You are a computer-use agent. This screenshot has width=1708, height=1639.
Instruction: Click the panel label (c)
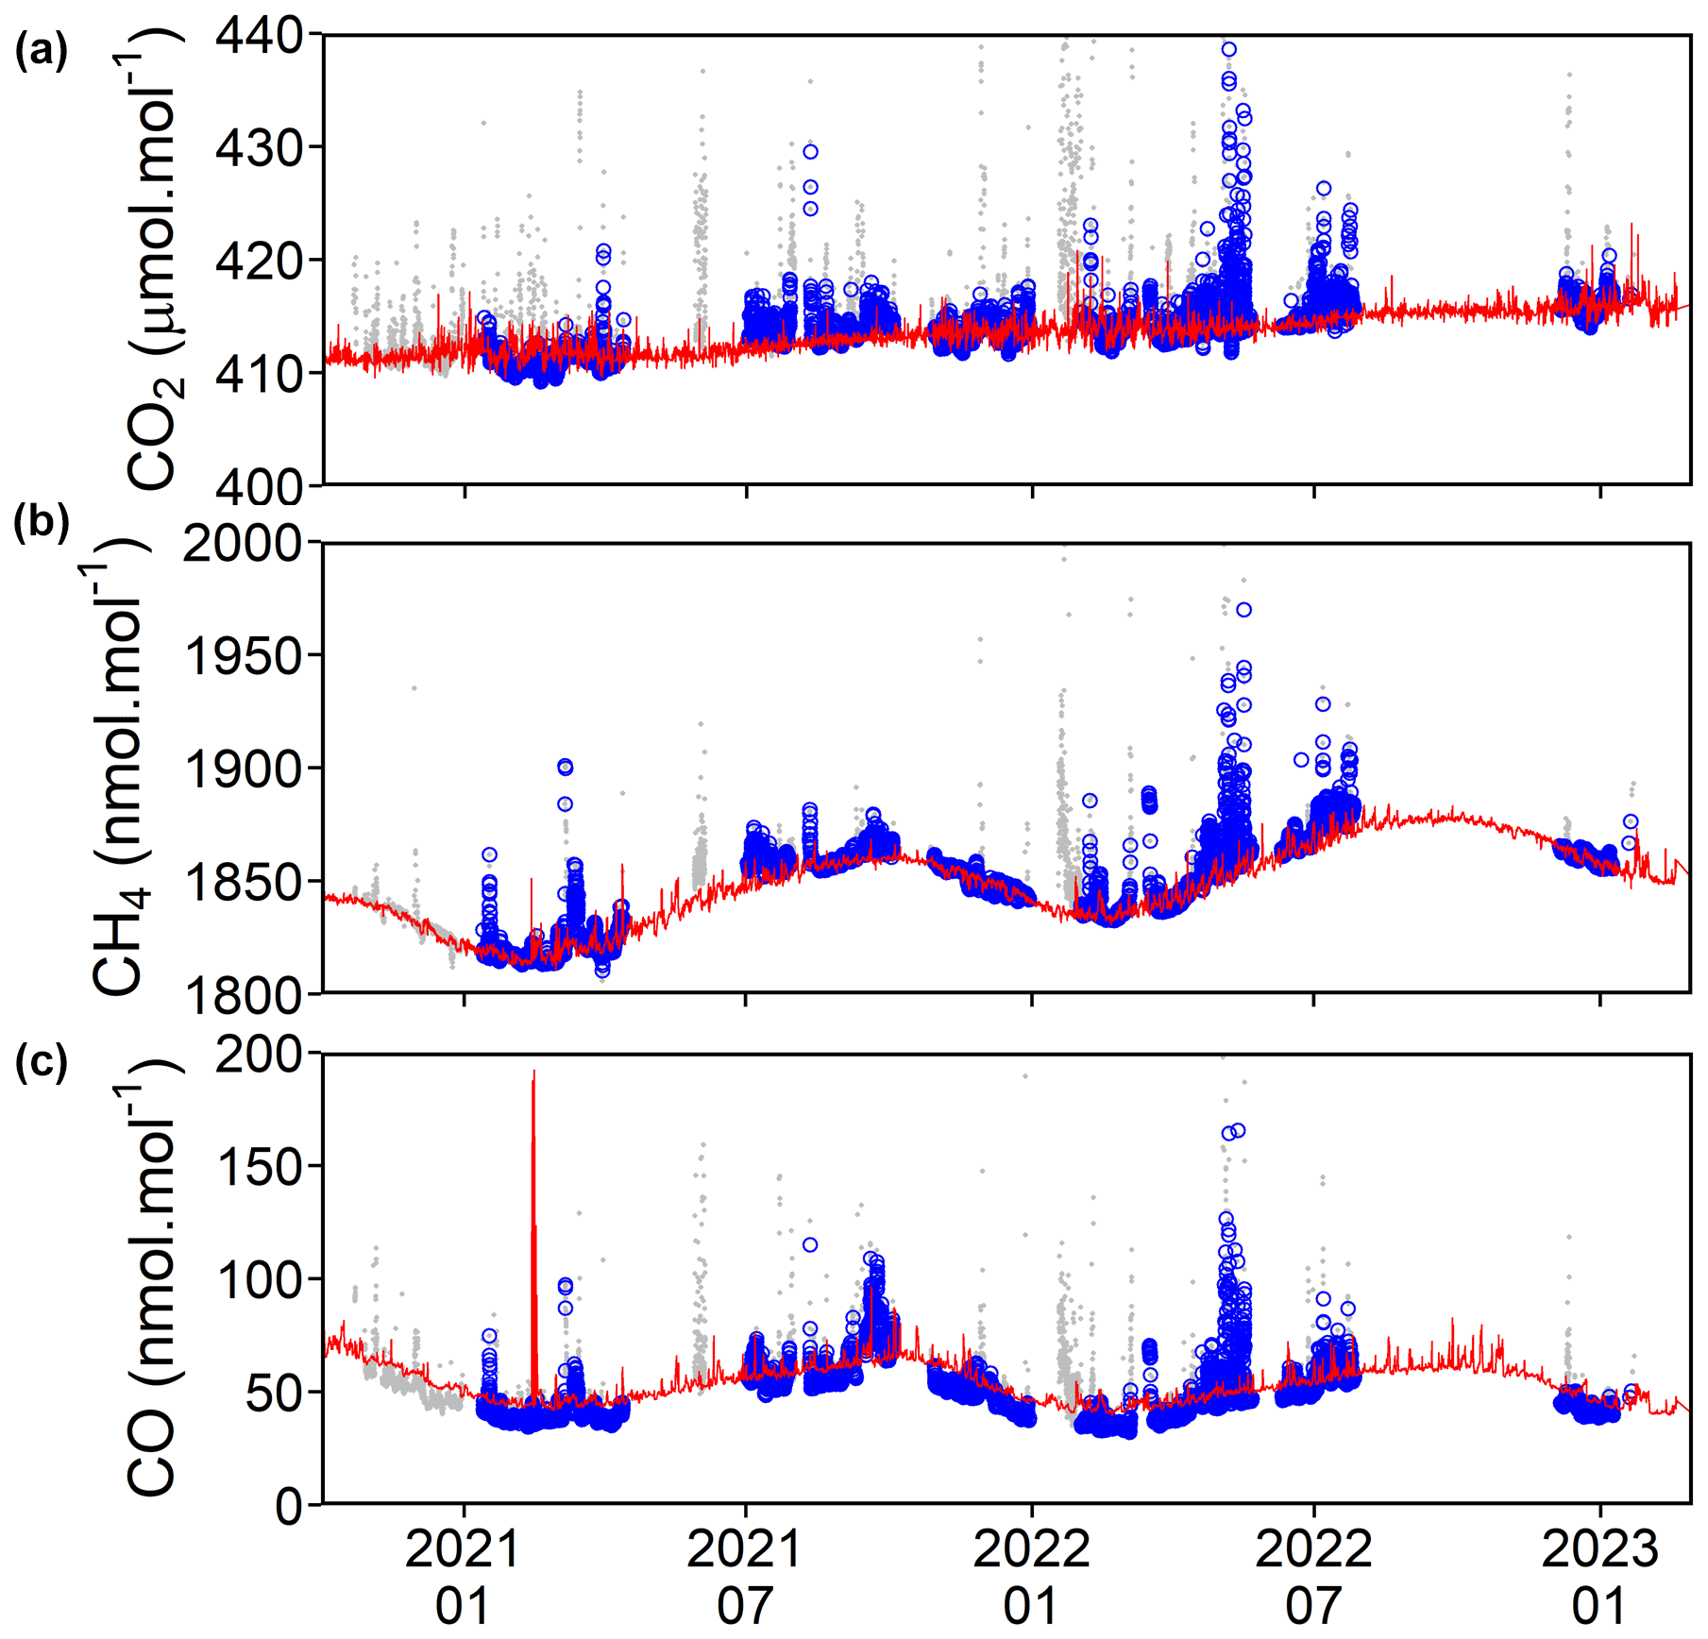pos(41,1061)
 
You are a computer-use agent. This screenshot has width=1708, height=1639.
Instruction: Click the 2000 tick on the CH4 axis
pos(242,544)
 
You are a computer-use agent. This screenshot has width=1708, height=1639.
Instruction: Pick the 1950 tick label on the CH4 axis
pos(242,657)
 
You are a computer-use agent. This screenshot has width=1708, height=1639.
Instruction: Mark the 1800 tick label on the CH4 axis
pos(242,995)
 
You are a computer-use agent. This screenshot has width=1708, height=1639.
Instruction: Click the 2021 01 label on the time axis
pos(463,1578)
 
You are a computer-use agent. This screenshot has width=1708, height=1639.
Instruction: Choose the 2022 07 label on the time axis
pos(1312,1578)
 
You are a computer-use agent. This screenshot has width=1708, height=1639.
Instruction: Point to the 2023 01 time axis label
pos(1599,1578)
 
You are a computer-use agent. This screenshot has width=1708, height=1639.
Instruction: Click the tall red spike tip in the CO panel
pos(533,1073)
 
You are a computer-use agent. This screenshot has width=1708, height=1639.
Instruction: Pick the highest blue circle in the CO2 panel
pos(1228,49)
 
